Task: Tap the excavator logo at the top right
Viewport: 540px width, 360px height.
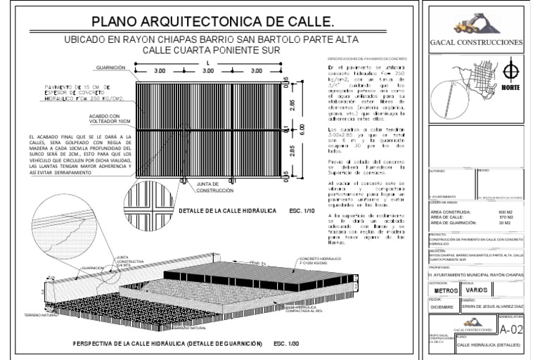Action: tap(468, 25)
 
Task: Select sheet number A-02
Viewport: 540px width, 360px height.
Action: tap(510, 330)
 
